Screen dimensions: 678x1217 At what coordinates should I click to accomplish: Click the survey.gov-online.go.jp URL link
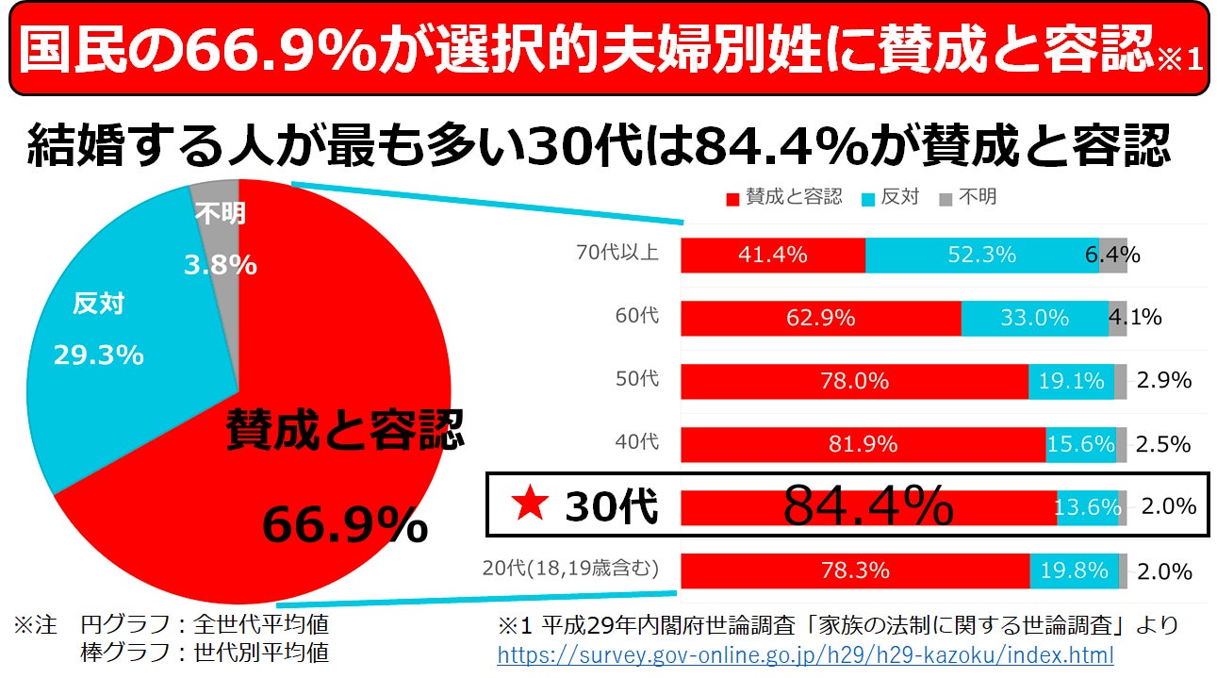point(805,654)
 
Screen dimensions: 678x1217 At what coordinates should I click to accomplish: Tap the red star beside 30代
point(530,506)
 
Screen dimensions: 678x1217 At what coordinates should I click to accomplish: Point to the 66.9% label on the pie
point(344,525)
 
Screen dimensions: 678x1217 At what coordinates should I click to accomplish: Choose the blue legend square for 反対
point(867,198)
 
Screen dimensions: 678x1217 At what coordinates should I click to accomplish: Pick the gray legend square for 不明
point(946,198)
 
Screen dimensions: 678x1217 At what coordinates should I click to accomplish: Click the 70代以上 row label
point(617,254)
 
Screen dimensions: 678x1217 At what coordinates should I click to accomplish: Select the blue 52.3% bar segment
point(981,255)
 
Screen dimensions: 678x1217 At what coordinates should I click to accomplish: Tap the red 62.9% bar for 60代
point(820,318)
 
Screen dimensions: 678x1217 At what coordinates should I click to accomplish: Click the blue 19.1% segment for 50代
point(1071,381)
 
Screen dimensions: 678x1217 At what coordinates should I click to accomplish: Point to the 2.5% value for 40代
point(1164,444)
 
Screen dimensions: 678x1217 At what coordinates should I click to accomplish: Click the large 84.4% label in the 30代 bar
point(868,507)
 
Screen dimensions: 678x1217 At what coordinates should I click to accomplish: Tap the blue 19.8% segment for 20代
point(1074,571)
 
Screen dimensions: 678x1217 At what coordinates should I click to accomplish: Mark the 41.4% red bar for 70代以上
point(773,255)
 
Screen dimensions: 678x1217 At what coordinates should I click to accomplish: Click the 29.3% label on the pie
point(98,356)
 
